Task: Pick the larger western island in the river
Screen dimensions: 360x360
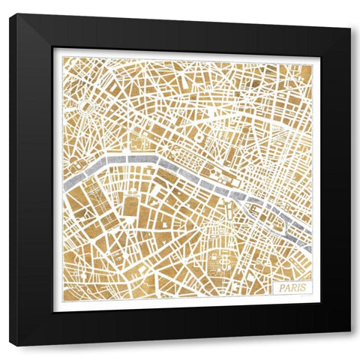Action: pos(225,182)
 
